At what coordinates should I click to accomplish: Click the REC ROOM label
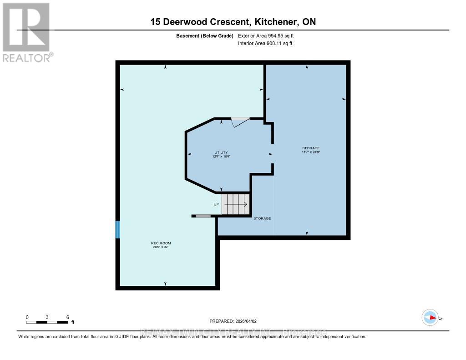tap(161, 243)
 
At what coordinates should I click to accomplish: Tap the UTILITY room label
tap(221, 152)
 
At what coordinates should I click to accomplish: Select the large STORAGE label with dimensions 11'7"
tap(311, 148)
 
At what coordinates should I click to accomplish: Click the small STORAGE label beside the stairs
tap(262, 218)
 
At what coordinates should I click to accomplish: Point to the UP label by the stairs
tap(216, 204)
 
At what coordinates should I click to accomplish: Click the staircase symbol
tap(236, 204)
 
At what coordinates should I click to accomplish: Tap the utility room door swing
tap(239, 122)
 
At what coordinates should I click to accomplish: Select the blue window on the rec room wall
tap(118, 230)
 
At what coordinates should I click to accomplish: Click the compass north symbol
tap(430, 318)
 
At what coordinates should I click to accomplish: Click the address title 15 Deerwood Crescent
tap(233, 21)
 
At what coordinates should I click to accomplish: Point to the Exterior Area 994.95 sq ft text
tap(269, 35)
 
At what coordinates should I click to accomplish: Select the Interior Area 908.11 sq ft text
tap(265, 44)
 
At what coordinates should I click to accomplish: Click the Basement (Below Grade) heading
tap(204, 35)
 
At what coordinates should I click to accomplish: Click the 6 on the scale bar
tap(67, 317)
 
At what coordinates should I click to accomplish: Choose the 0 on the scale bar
tap(27, 317)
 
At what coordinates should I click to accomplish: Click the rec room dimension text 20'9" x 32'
tap(161, 248)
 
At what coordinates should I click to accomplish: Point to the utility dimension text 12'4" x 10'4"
tap(221, 157)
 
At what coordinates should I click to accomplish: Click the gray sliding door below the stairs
tap(203, 216)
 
